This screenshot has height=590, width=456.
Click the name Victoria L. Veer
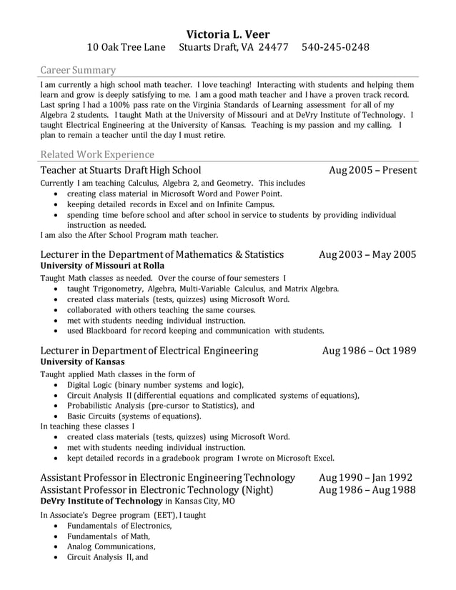click(228, 34)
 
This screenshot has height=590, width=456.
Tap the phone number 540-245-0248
click(335, 48)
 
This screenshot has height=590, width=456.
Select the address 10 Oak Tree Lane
click(126, 48)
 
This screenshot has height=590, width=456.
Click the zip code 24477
click(272, 48)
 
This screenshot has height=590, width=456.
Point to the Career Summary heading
click(78, 70)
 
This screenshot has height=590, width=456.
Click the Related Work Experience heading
click(97, 154)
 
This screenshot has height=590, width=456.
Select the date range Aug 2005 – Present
click(372, 170)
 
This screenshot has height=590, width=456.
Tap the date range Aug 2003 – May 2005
click(367, 254)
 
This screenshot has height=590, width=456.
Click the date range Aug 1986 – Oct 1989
click(369, 350)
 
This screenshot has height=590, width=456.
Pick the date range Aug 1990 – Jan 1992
click(365, 477)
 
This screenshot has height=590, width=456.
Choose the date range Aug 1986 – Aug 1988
click(367, 489)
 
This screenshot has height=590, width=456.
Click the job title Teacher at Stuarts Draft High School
click(120, 170)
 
